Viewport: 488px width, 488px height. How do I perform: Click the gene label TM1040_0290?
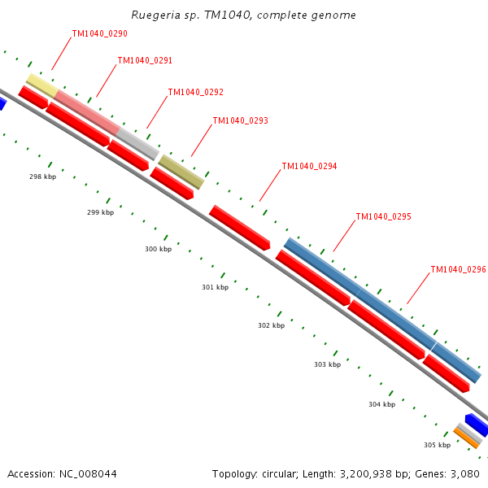(x=99, y=34)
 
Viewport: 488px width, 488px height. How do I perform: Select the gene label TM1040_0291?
(x=145, y=61)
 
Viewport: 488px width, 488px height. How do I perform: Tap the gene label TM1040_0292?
(x=195, y=93)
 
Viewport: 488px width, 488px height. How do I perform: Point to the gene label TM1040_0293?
(x=240, y=121)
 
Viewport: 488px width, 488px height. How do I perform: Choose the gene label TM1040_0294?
(x=309, y=167)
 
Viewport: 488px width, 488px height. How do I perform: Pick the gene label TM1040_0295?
(x=383, y=217)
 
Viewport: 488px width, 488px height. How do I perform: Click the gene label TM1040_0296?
(x=458, y=270)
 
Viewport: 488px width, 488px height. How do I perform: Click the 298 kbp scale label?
(x=42, y=176)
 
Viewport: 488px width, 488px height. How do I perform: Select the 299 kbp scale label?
(x=100, y=212)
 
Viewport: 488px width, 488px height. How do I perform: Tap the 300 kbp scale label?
(x=158, y=249)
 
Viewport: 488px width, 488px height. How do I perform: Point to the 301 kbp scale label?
(x=215, y=287)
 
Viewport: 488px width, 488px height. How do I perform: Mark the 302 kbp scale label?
(x=271, y=325)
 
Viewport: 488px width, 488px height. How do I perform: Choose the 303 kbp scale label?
(x=327, y=364)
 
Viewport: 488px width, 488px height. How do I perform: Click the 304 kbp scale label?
(x=381, y=404)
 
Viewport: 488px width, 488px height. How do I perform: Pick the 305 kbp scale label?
(x=437, y=445)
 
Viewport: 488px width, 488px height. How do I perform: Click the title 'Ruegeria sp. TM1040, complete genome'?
(x=243, y=15)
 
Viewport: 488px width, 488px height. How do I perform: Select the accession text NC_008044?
(x=62, y=473)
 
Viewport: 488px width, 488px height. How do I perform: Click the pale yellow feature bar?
(x=41, y=85)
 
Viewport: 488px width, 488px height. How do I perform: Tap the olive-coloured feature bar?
(x=181, y=172)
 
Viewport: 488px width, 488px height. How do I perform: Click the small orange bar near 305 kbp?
(x=466, y=438)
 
